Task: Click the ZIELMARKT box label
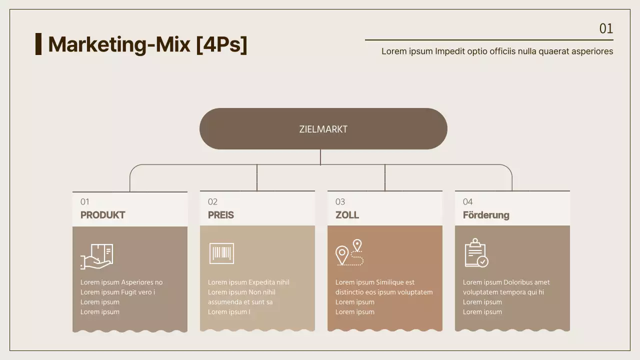323,129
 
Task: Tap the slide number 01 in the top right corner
606,28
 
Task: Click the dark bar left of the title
38,44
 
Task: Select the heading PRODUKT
102,215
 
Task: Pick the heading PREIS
221,215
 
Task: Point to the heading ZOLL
347,215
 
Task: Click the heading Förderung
486,215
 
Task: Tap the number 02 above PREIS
212,202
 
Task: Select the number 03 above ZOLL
340,202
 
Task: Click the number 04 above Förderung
467,202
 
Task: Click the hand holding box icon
96,256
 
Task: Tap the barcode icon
221,253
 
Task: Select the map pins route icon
349,252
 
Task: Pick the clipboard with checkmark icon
476,253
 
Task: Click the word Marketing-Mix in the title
119,44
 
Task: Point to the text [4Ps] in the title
221,44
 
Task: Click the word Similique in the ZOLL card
389,282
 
